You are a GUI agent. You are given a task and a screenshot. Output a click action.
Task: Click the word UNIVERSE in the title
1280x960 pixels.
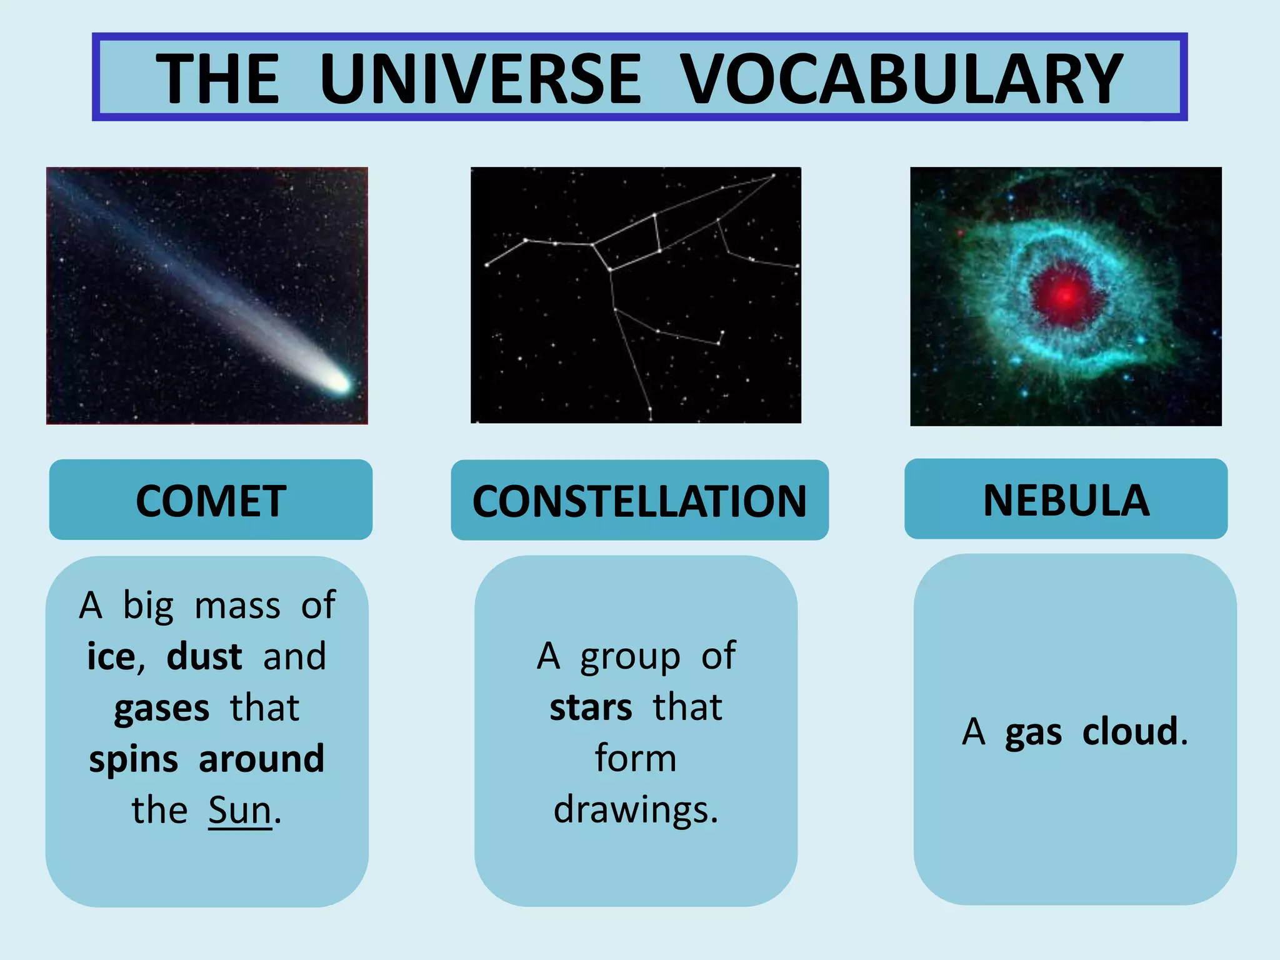point(480,79)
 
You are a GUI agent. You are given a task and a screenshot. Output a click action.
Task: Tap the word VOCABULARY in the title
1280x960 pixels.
point(901,79)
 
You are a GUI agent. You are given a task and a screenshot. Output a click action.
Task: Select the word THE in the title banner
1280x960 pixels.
point(217,79)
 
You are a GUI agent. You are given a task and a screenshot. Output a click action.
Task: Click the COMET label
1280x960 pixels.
point(211,501)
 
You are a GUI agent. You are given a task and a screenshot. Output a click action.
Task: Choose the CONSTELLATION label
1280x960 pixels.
point(639,501)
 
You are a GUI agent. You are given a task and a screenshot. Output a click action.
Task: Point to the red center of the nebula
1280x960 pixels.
point(1065,294)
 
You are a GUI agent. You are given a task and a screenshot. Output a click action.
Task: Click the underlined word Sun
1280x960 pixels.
point(239,811)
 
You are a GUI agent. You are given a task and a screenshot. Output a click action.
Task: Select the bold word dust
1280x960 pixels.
point(204,657)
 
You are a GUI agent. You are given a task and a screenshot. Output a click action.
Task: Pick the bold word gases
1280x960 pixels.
point(161,709)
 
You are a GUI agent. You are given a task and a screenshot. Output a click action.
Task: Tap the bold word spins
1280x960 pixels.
point(133,759)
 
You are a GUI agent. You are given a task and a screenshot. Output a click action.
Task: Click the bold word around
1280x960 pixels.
point(261,759)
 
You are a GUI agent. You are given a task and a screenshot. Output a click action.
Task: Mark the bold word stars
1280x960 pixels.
point(591,708)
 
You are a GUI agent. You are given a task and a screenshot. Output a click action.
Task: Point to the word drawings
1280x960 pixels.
point(636,811)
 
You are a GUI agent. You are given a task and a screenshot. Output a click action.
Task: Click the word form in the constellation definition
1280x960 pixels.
point(636,759)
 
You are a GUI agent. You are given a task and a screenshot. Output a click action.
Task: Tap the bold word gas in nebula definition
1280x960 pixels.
point(1033,732)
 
